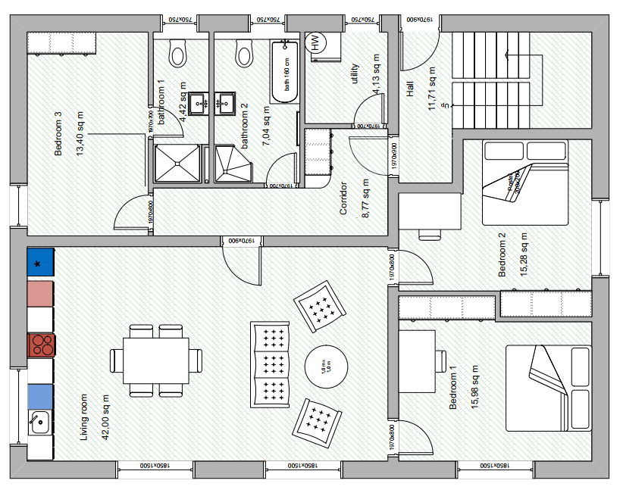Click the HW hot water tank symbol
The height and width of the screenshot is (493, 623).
coord(315,43)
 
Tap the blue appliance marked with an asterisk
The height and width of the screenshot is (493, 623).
coord(40,261)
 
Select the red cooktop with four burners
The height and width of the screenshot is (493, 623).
coord(42,345)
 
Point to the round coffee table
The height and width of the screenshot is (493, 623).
coord(326,367)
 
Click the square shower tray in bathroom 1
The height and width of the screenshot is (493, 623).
coord(178,164)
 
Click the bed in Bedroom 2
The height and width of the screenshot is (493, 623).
coord(525,183)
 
